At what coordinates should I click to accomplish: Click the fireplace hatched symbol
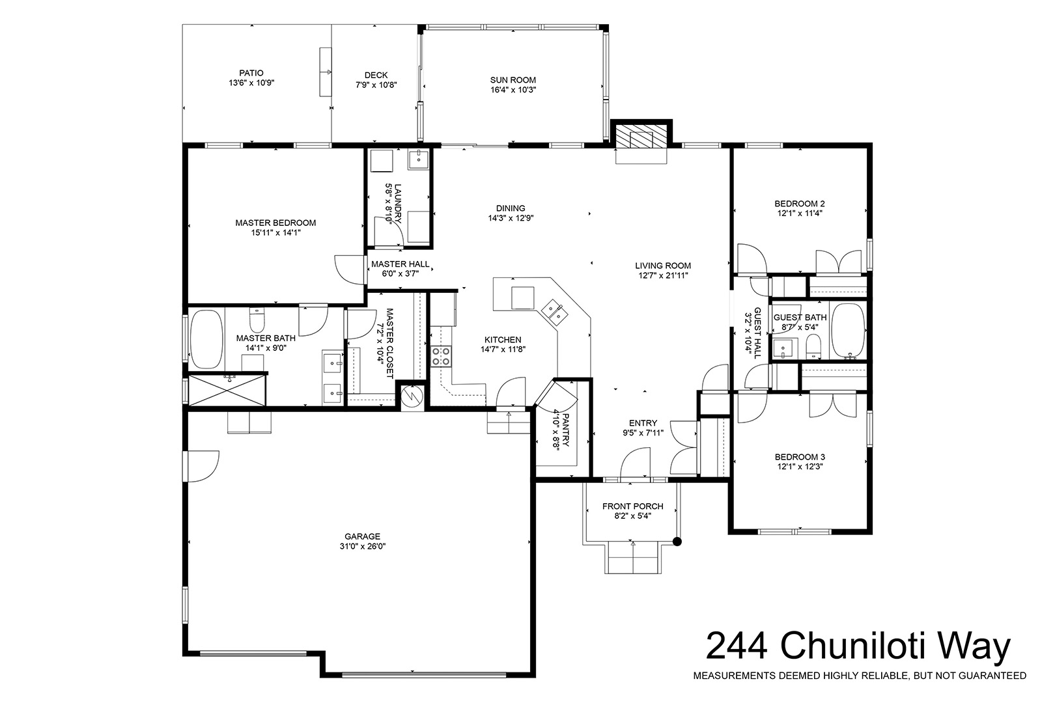pos(641,137)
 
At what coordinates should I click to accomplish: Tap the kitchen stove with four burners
pos(442,356)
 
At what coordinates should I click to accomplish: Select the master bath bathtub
pos(206,339)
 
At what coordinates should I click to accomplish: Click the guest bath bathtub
pos(849,331)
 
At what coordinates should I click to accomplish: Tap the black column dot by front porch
pos(677,542)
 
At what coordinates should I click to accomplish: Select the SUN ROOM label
pos(513,80)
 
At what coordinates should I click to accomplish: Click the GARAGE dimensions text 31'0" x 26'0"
pos(363,546)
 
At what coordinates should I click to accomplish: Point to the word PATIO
pos(251,73)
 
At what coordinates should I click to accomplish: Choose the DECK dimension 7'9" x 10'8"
pos(376,85)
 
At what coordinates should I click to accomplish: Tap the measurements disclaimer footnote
pos(860,676)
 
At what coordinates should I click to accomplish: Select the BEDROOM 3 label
pos(800,457)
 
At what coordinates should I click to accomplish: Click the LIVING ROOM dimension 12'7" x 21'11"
pos(663,275)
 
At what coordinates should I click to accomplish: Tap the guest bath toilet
pos(813,346)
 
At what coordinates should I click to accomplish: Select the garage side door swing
pos(203,466)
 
